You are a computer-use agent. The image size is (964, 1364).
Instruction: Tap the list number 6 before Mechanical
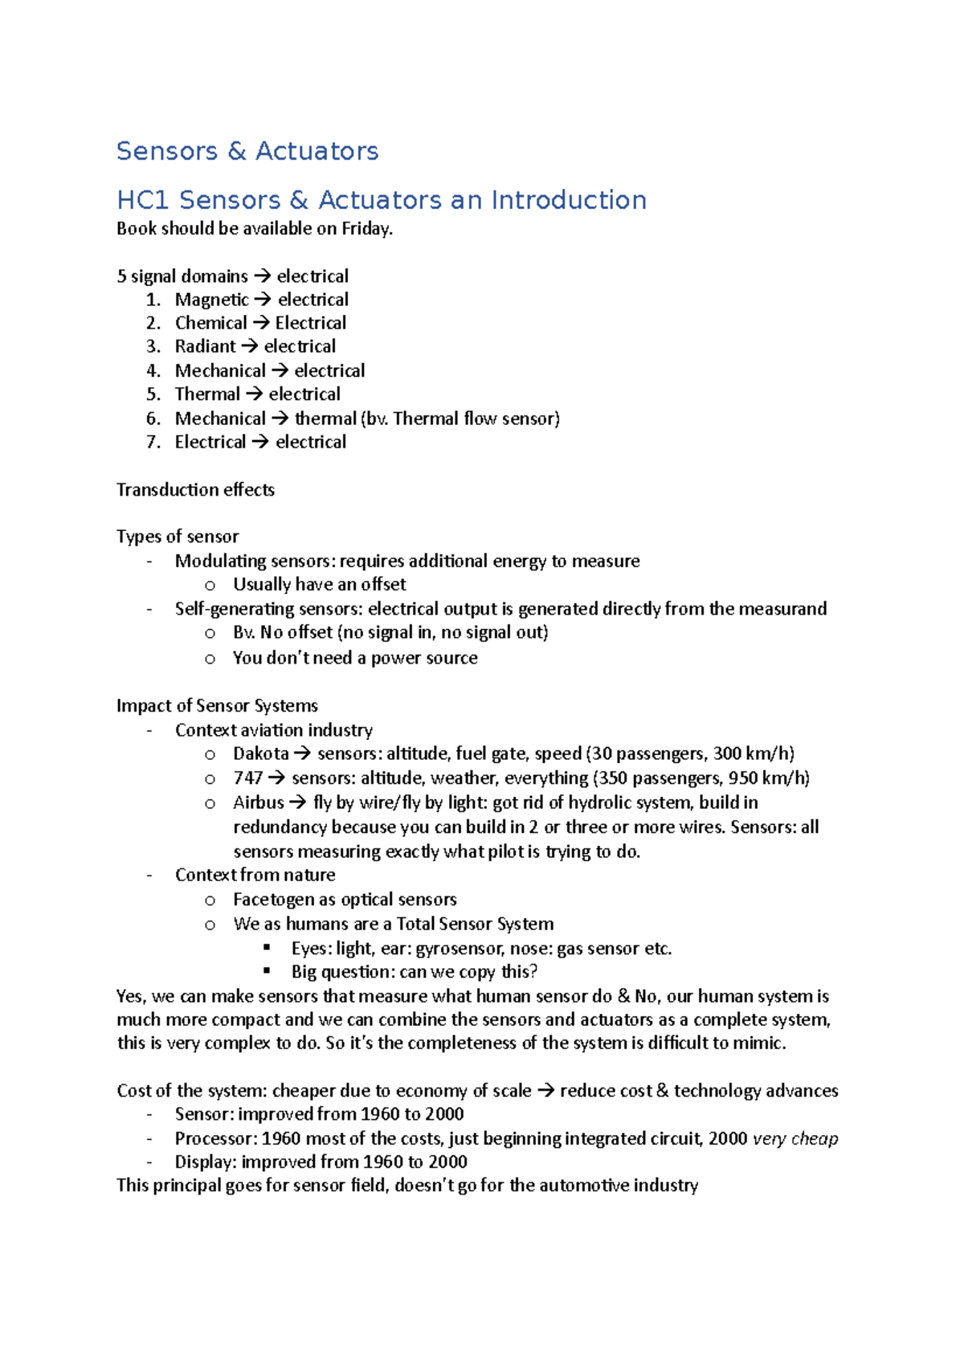153,419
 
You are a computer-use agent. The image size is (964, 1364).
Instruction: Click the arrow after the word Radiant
249,347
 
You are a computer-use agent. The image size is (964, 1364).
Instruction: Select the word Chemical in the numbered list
210,323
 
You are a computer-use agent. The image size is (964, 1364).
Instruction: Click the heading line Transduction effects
195,490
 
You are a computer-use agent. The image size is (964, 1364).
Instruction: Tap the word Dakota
260,753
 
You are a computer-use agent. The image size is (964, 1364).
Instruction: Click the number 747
247,778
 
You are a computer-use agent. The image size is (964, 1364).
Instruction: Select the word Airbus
258,802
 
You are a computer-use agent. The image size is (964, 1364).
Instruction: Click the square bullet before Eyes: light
267,947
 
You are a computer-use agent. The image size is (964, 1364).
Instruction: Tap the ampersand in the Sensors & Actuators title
236,151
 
